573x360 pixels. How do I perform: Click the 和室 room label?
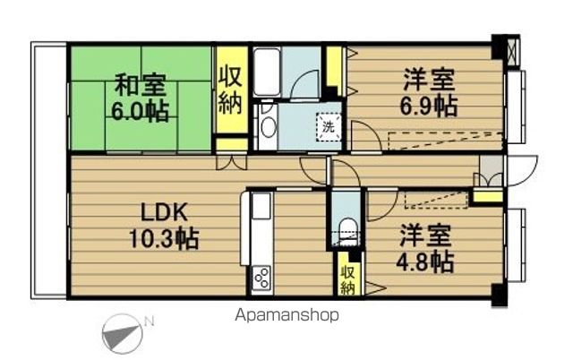coord(140,87)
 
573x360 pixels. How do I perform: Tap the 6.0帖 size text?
coord(140,112)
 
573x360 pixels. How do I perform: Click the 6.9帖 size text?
coord(428,105)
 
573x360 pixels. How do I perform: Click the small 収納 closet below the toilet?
coord(346,277)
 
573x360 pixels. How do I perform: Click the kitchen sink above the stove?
coord(261,208)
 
